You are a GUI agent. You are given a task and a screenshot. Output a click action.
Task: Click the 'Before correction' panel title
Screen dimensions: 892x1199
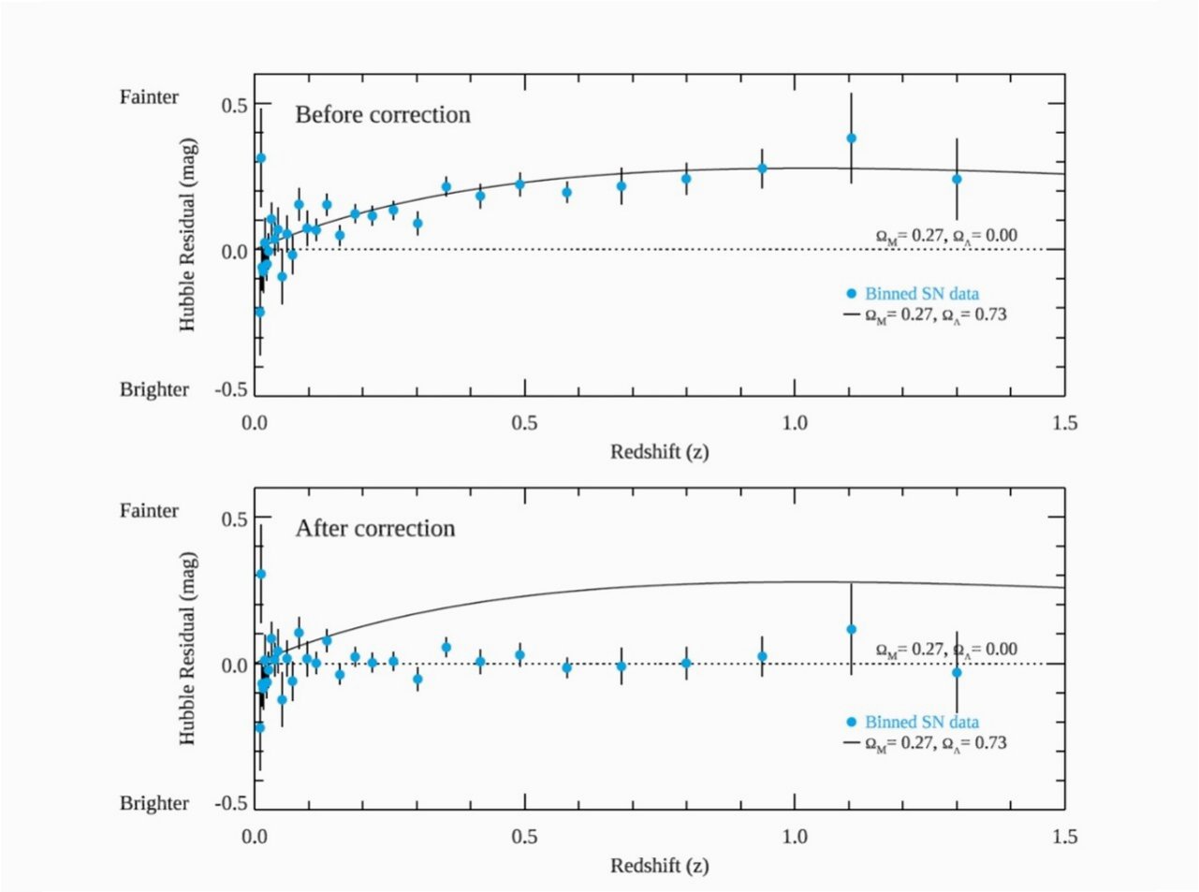383,115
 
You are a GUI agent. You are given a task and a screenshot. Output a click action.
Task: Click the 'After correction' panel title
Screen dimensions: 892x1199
375,529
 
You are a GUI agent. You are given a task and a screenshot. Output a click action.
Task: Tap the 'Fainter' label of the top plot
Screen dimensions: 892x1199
149,96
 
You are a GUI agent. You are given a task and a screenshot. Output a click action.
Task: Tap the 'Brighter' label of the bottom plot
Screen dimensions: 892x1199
154,803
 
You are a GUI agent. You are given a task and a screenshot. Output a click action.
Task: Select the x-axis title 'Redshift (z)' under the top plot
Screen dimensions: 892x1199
659,452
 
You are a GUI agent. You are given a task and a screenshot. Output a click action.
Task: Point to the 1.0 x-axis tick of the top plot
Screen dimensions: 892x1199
794,423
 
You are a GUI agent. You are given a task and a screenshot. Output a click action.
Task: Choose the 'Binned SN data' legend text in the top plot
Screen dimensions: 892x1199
922,294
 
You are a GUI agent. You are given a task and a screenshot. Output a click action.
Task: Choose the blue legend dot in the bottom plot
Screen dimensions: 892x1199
851,722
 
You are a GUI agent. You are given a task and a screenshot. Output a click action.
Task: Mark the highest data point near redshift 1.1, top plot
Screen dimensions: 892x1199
851,138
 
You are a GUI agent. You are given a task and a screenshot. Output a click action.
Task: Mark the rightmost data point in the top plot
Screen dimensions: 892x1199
957,179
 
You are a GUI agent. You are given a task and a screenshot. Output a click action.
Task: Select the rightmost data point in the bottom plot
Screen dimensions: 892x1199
957,672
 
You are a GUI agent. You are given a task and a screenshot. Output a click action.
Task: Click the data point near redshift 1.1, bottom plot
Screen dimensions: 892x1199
851,629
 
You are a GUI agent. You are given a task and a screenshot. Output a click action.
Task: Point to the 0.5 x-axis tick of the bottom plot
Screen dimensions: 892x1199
524,836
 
